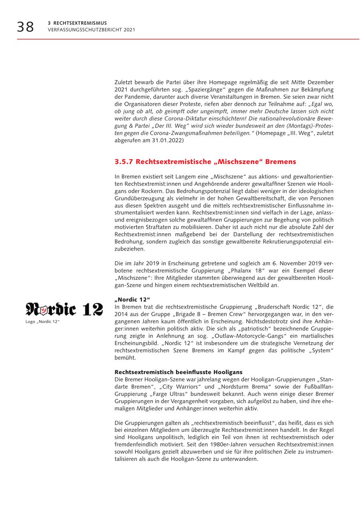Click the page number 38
pyautogui.click(x=25, y=27)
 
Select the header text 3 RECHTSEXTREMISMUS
pyautogui.click(x=77, y=23)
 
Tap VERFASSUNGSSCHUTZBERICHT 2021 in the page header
pyautogui.click(x=91, y=30)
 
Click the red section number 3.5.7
pyautogui.click(x=123, y=162)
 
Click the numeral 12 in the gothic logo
pyautogui.click(x=92, y=310)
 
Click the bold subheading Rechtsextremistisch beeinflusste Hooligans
pyautogui.click(x=178, y=372)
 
